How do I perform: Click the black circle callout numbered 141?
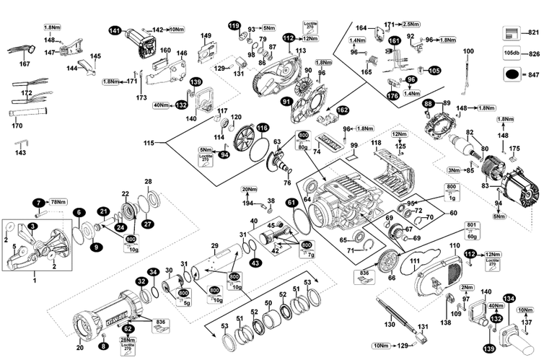click(x=115, y=30)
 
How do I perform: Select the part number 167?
click(x=25, y=64)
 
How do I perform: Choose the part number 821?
click(x=535, y=33)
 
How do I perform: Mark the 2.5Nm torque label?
click(x=431, y=24)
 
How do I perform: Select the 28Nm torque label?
click(x=128, y=340)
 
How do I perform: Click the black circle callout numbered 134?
click(x=509, y=298)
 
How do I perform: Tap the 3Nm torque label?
click(x=452, y=170)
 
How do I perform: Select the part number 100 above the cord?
click(x=468, y=51)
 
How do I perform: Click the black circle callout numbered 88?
click(x=428, y=104)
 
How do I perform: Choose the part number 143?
click(x=20, y=153)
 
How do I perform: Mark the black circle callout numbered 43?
click(x=255, y=264)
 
